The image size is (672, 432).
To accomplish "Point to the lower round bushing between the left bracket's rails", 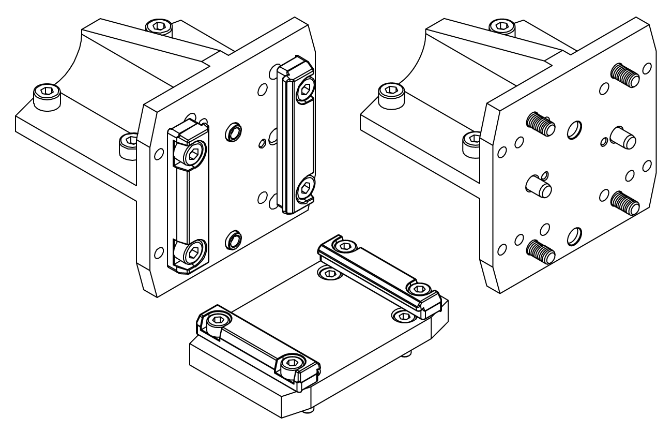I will (x=233, y=239).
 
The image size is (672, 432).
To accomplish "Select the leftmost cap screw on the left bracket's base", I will (x=46, y=94).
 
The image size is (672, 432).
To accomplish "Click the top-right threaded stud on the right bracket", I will (x=625, y=75).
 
